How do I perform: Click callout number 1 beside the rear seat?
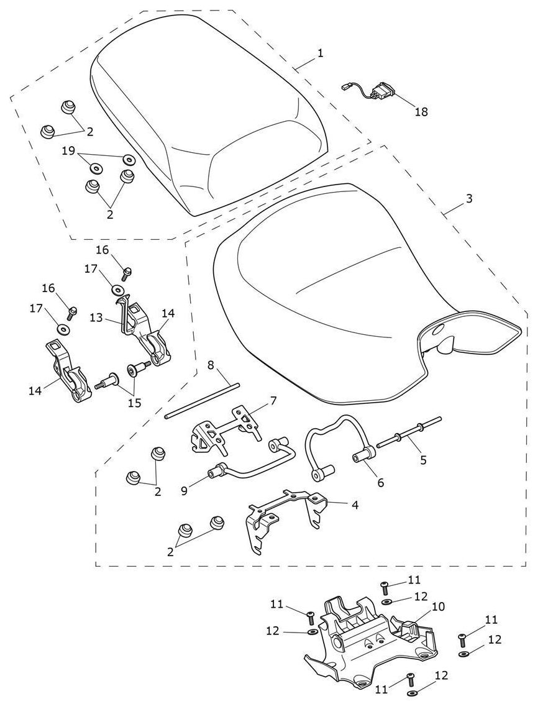[x=320, y=53]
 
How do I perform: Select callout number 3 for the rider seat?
[x=469, y=198]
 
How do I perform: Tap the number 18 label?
[x=421, y=112]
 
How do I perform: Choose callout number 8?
[x=211, y=364]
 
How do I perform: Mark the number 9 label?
[x=185, y=491]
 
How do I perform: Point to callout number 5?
[x=423, y=460]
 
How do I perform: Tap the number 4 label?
[x=355, y=505]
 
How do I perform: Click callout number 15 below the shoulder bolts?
[x=134, y=403]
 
